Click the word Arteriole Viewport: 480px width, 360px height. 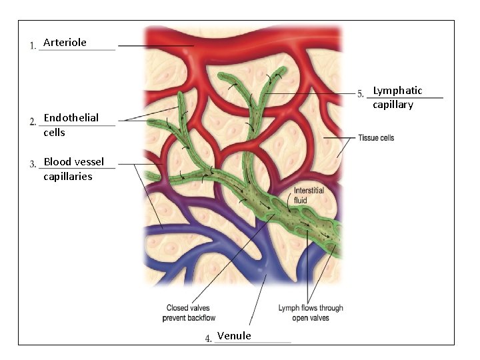(x=65, y=43)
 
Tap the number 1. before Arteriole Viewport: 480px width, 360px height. (x=33, y=46)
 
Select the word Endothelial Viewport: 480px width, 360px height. (x=71, y=118)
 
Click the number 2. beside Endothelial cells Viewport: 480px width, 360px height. (x=33, y=121)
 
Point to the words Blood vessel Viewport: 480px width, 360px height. (x=73, y=161)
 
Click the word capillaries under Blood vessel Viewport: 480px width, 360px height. (x=67, y=177)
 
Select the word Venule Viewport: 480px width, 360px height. (x=234, y=336)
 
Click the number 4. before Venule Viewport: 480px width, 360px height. (x=209, y=339)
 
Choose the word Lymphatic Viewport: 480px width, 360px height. (x=397, y=91)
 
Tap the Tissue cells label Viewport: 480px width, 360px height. (x=376, y=138)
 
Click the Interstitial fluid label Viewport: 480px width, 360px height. (x=309, y=195)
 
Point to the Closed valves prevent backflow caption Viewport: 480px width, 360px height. (x=189, y=313)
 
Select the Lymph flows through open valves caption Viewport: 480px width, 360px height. (x=311, y=313)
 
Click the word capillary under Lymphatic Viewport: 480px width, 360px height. (x=393, y=105)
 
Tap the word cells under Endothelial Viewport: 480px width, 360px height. (x=54, y=133)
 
